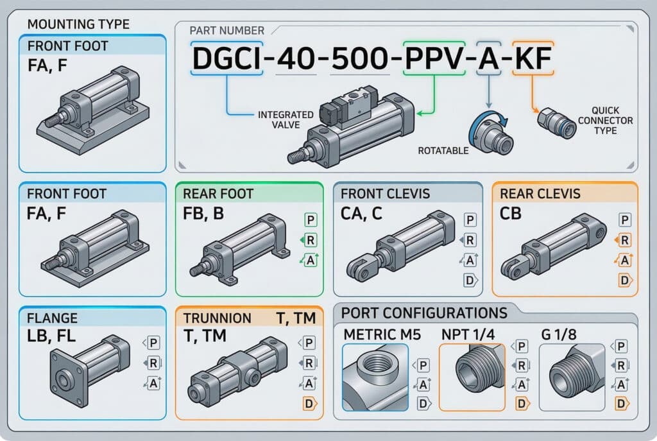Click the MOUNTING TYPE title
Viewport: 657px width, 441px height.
tap(78, 25)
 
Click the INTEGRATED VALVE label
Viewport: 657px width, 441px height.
tap(286, 119)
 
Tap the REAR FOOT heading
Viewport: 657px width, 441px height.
tap(218, 194)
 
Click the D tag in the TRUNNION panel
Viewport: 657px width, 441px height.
tap(309, 404)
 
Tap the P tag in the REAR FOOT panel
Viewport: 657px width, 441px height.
tap(311, 220)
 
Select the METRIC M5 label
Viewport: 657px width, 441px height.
tap(375, 335)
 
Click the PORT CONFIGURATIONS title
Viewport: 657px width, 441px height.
tap(424, 313)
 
